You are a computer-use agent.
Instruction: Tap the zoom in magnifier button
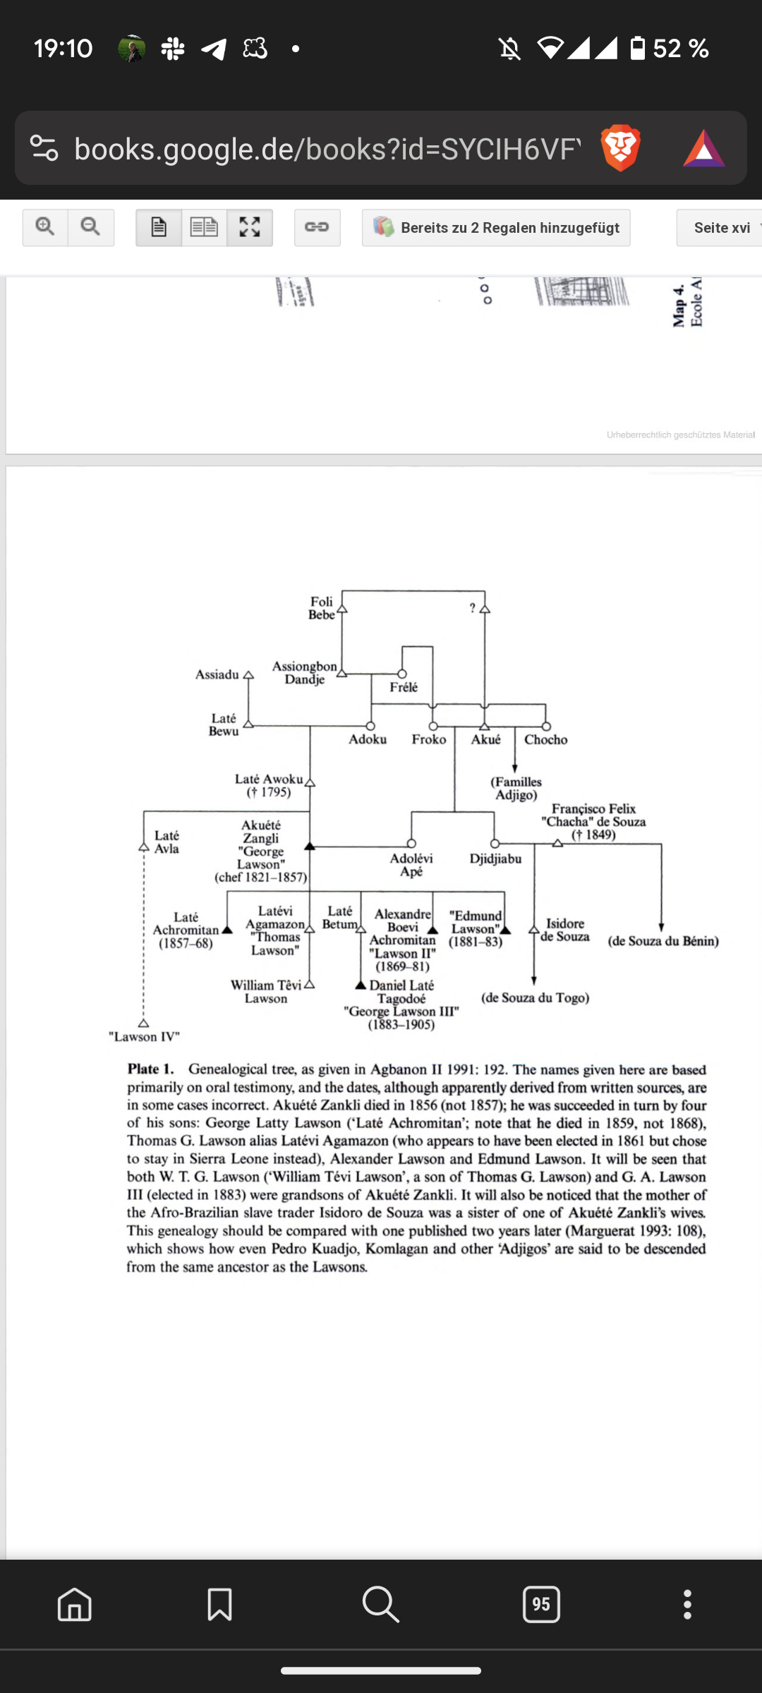(45, 227)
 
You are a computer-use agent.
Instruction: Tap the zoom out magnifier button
(90, 227)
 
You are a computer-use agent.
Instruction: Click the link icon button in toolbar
(317, 227)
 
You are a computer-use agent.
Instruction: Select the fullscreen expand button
(250, 227)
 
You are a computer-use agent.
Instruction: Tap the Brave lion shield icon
(620, 148)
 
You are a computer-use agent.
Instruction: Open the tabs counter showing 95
(541, 1604)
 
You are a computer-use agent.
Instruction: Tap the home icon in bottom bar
(75, 1604)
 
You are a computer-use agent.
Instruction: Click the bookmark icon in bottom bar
(219, 1604)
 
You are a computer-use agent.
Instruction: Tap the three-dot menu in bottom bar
(687, 1604)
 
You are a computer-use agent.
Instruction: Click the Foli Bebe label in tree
(322, 608)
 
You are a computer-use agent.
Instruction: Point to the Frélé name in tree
(404, 687)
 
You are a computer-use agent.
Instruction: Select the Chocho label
(545, 739)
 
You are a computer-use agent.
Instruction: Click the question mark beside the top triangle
(473, 608)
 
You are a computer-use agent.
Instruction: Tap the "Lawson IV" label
(144, 1037)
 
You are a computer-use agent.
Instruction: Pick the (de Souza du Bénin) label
(663, 941)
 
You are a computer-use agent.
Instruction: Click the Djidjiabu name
(495, 858)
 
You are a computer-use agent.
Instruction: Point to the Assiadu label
(217, 674)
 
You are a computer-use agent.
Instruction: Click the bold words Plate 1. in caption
(150, 1069)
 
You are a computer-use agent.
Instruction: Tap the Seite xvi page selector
(721, 227)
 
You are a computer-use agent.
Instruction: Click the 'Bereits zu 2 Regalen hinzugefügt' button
(496, 227)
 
